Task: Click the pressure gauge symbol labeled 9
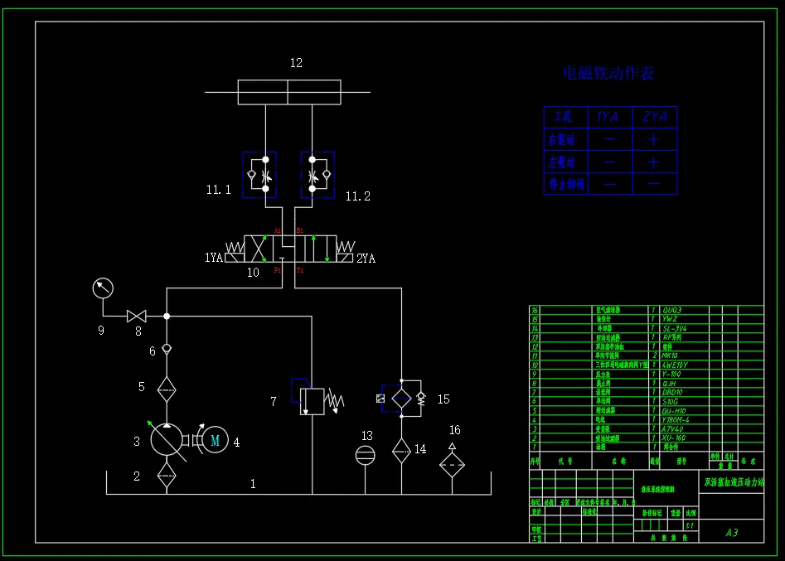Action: click(x=103, y=288)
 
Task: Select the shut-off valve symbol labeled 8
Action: click(x=136, y=316)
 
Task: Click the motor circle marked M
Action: click(x=215, y=441)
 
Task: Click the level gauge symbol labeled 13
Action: click(x=365, y=455)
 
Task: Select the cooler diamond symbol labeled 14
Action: click(x=401, y=448)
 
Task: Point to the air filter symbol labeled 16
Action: click(x=452, y=463)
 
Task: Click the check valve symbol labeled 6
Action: click(x=167, y=349)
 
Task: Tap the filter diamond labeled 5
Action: click(x=167, y=387)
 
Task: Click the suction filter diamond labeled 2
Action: click(x=167, y=477)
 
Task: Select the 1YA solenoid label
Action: click(x=214, y=258)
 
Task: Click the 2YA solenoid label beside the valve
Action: click(x=366, y=259)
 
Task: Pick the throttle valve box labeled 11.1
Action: click(x=265, y=174)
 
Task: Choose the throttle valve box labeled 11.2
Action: click(x=317, y=174)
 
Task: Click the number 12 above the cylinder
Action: click(x=296, y=63)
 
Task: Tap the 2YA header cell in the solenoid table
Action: click(x=654, y=117)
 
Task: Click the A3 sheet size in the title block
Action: click(x=731, y=533)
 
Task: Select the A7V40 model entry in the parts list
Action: click(x=674, y=428)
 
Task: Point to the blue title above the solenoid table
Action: click(x=608, y=73)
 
